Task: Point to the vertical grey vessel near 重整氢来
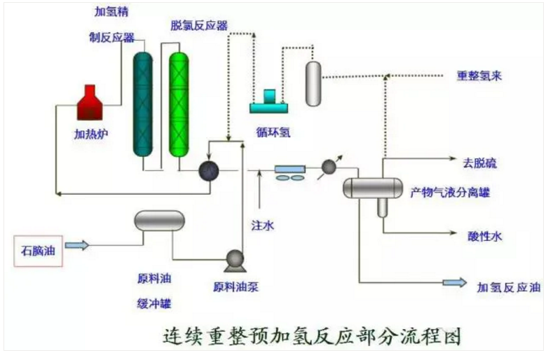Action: point(313,83)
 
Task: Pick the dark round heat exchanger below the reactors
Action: point(208,170)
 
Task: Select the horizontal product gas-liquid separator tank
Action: point(372,187)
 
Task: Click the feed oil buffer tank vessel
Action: point(160,221)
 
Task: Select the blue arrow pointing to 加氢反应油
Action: point(454,282)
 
